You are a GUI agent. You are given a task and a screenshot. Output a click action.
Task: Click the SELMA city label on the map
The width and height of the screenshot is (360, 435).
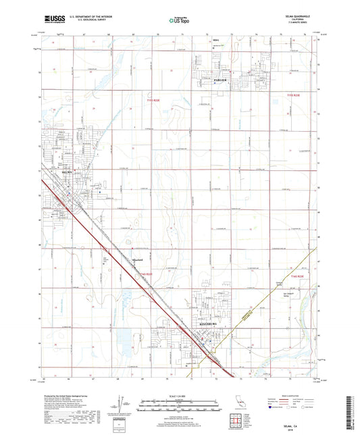(x=66, y=173)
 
